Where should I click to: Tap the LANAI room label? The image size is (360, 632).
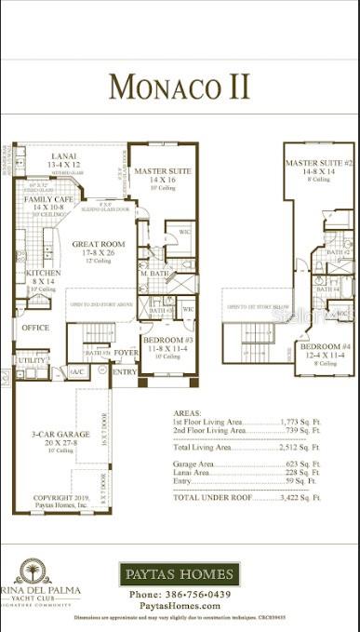[x=64, y=156]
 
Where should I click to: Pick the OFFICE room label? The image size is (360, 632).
[x=36, y=328]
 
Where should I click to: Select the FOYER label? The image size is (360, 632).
[x=126, y=354]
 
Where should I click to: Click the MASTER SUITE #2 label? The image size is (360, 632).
[x=318, y=163]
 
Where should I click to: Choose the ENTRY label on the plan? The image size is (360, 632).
[x=124, y=371]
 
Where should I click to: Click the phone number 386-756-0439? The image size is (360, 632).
[x=180, y=594]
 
